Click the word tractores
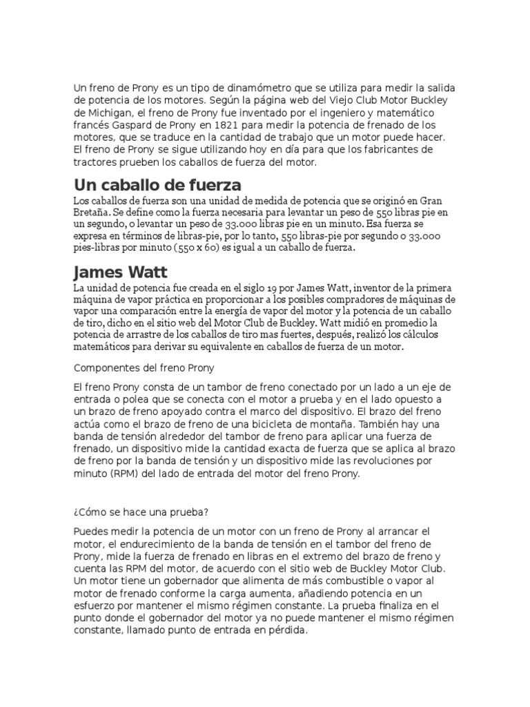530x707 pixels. click(96, 163)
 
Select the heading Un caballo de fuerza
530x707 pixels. click(157, 185)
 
